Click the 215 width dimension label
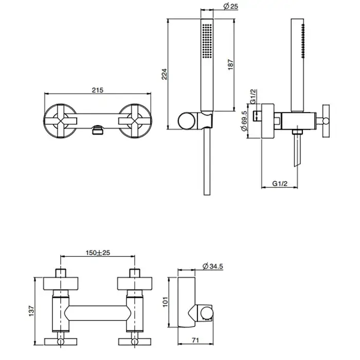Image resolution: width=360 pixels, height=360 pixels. click(98, 90)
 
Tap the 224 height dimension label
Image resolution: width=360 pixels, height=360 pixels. click(165, 74)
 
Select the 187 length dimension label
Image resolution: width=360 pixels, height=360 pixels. click(230, 65)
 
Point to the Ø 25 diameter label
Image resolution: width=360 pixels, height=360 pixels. click(231, 6)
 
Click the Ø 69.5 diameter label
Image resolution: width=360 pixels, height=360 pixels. click(244, 121)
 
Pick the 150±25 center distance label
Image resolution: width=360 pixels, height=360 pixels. click(98, 253)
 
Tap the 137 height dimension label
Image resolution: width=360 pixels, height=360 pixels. click(31, 311)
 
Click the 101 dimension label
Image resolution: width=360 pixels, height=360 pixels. click(165, 302)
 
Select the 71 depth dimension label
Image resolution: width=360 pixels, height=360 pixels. click(195, 340)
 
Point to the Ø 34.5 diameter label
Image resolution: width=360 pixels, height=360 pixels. click(213, 266)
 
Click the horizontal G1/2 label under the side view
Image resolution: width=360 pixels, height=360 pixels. click(280, 184)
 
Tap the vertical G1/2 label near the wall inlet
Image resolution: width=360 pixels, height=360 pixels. click(253, 97)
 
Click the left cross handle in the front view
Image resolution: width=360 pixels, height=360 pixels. click(61, 121)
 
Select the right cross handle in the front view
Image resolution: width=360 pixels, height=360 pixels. click(135, 121)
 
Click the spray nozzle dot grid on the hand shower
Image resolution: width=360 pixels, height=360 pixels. click(207, 41)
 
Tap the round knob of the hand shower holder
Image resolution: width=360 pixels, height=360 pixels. click(187, 121)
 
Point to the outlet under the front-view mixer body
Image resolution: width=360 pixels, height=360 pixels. click(98, 130)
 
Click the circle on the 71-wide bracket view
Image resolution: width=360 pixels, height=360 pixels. click(207, 314)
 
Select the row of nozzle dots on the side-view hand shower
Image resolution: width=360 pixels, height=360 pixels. click(303, 41)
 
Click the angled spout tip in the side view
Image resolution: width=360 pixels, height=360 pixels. click(297, 164)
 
